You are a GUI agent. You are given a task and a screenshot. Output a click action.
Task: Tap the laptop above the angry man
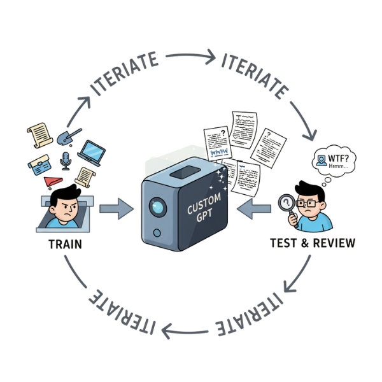click(x=93, y=152)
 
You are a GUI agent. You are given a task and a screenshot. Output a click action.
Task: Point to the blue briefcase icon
click(x=39, y=164)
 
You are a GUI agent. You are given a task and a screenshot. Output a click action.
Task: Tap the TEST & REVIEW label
click(x=313, y=243)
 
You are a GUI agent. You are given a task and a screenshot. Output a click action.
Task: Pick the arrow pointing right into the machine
click(x=114, y=207)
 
